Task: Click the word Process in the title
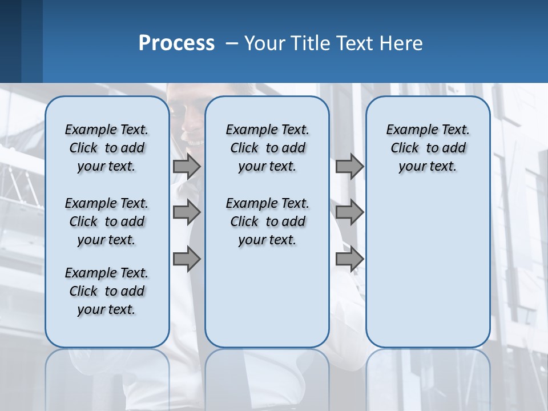176,43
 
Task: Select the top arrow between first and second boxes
187,167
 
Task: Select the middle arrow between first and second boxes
187,212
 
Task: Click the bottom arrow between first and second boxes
187,259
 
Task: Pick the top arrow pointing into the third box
349,167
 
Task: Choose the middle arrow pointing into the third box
349,212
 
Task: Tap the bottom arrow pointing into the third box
349,259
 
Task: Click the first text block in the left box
107,148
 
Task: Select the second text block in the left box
107,221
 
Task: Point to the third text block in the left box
107,291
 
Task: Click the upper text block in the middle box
267,148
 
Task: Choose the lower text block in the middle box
267,221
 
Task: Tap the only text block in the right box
428,148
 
